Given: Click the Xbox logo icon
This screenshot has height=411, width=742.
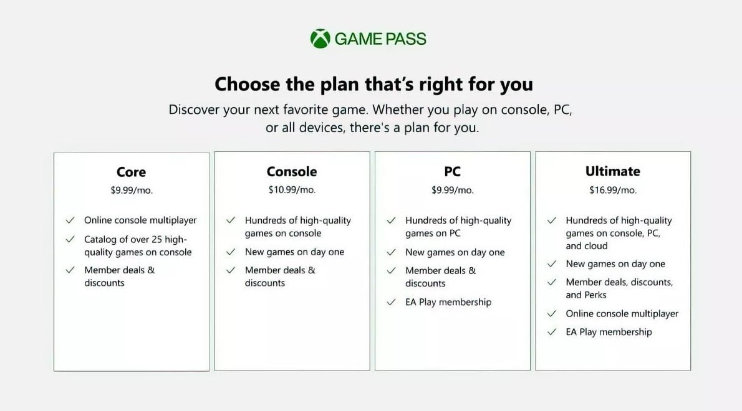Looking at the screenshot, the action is [320, 39].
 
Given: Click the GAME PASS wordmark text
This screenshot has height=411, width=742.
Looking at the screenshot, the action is [380, 39].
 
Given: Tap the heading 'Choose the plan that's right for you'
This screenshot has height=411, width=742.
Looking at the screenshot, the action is [374, 85].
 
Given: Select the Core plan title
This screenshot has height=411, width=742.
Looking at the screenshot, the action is [131, 172].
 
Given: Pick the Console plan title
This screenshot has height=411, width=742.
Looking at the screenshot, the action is [292, 171].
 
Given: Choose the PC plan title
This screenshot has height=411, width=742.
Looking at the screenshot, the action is [453, 171].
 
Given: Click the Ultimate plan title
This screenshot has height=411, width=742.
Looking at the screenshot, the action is [613, 171].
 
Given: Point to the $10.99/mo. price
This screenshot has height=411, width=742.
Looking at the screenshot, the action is [292, 190].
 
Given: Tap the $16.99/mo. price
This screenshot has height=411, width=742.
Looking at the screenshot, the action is [613, 191].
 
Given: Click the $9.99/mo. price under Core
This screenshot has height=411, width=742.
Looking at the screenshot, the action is [132, 191].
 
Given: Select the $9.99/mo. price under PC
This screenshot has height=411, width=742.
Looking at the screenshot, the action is [453, 191].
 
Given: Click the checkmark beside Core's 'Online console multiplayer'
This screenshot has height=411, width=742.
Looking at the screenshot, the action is [70, 220].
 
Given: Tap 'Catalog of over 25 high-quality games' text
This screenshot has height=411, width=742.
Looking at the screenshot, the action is [138, 245].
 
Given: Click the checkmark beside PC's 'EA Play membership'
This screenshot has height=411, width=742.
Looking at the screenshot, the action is [391, 302].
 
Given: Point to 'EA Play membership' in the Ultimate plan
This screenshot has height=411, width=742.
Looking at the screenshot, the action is [609, 332].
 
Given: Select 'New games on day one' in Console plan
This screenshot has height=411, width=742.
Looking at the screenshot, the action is [294, 252].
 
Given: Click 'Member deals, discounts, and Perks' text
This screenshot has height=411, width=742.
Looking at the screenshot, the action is [619, 288].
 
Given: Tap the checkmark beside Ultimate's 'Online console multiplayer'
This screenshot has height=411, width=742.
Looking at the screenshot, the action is [551, 314].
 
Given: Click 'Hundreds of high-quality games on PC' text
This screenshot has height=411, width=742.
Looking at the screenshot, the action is [458, 227].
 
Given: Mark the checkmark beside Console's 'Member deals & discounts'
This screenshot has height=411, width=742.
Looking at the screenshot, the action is [231, 270].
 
